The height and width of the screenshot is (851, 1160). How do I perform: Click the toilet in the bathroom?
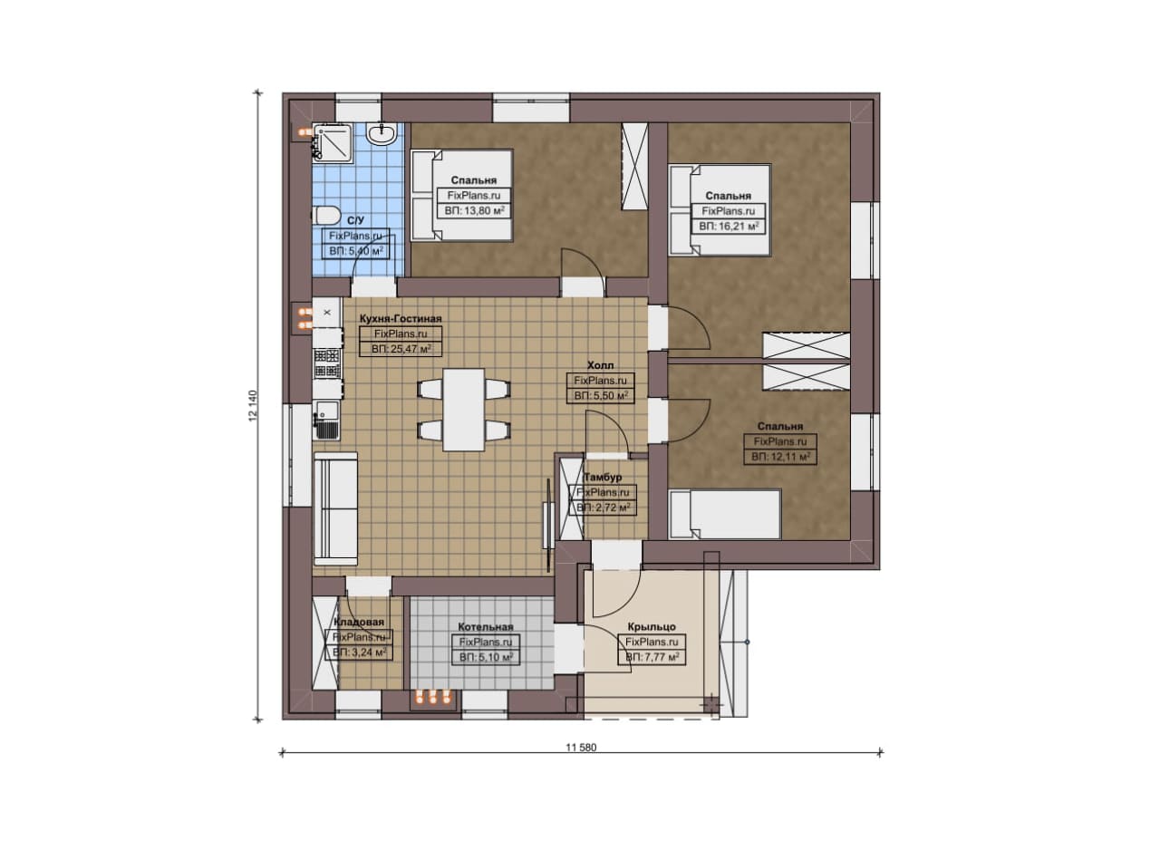pos(326,215)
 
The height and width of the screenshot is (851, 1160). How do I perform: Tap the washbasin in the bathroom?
pos(382,133)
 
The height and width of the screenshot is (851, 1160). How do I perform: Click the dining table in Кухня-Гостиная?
pos(464,409)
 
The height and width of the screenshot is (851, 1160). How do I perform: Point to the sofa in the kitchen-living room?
pos(335,508)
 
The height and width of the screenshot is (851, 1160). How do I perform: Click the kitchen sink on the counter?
pos(326,421)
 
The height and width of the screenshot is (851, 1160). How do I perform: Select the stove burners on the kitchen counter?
pos(327,363)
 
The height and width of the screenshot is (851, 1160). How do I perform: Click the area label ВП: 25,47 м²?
pos(401,349)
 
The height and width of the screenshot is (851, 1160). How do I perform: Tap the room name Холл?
pos(601,365)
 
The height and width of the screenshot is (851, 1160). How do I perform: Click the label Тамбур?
pos(603,477)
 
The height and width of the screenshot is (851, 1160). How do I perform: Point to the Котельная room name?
pos(486,627)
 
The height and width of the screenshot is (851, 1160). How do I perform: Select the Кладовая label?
pos(360,622)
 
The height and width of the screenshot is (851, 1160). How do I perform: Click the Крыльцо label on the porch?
pos(652,627)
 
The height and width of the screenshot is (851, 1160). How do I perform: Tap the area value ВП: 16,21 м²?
pos(729,227)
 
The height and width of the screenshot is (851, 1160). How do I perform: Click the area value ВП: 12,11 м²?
pos(780,457)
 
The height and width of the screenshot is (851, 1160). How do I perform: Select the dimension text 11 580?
pos(581,748)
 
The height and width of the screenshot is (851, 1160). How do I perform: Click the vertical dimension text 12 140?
pos(253,405)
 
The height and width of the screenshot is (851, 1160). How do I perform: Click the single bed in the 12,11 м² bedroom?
pos(725,515)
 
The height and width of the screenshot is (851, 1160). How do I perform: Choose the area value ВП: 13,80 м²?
pos(474,211)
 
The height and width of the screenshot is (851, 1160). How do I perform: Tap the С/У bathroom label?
pos(356,220)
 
